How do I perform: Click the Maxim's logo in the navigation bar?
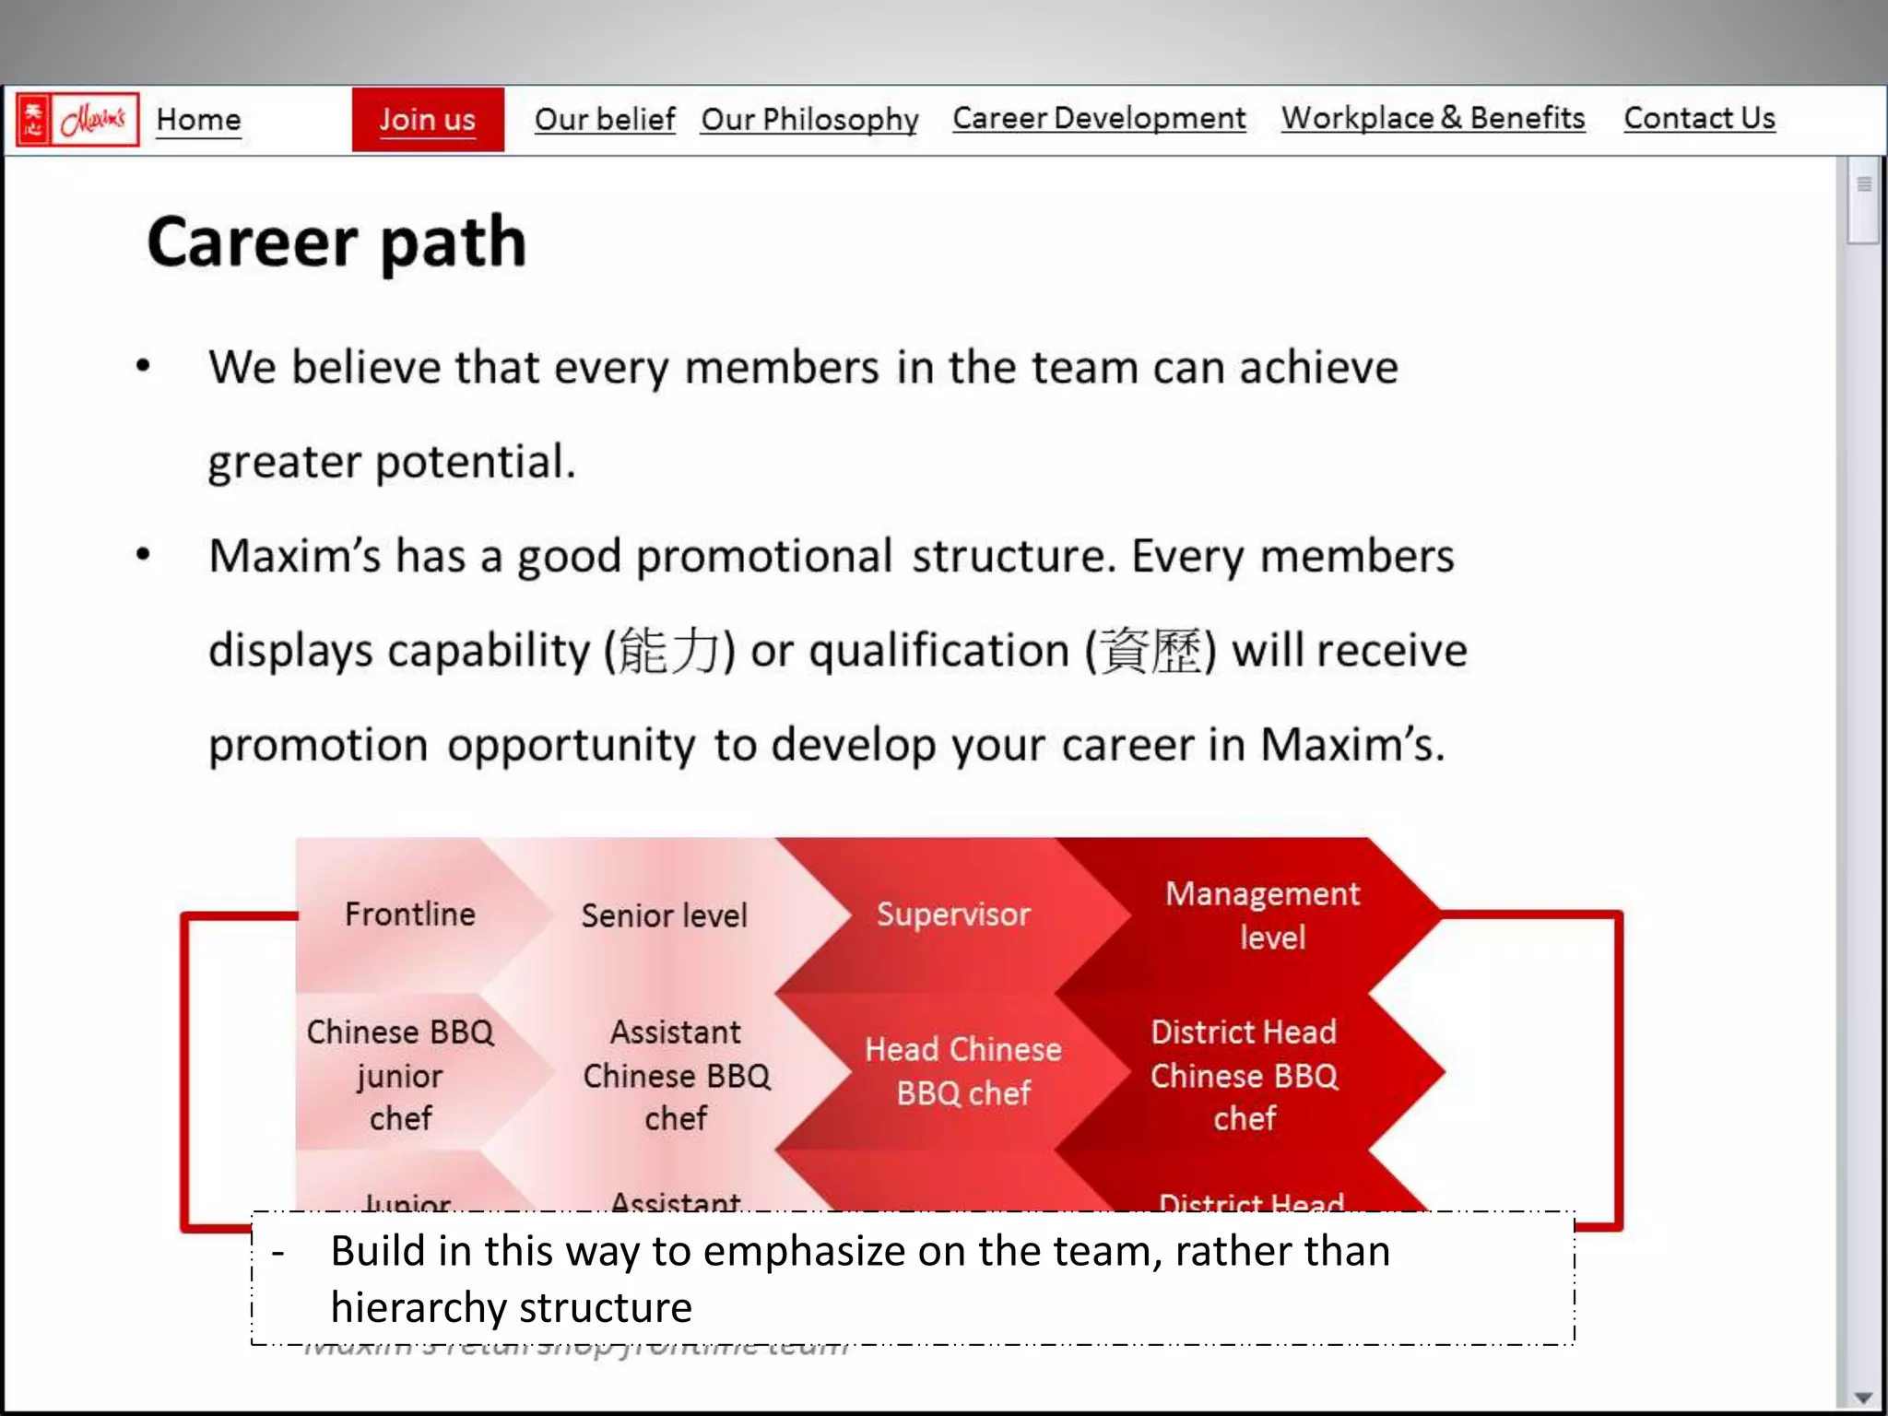point(77,120)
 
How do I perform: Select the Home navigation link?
point(198,120)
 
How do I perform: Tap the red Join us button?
point(428,120)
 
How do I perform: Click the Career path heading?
point(336,242)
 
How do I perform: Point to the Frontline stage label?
point(410,914)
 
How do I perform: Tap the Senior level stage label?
point(664,915)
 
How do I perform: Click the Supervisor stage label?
point(953,914)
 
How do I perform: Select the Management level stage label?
point(1263,915)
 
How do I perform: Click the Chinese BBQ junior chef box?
point(400,1075)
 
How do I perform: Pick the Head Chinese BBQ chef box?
point(962,1071)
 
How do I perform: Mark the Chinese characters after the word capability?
point(668,651)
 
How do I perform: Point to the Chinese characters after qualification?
point(1151,651)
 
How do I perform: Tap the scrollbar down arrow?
point(1863,1398)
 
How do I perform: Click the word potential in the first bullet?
point(474,462)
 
